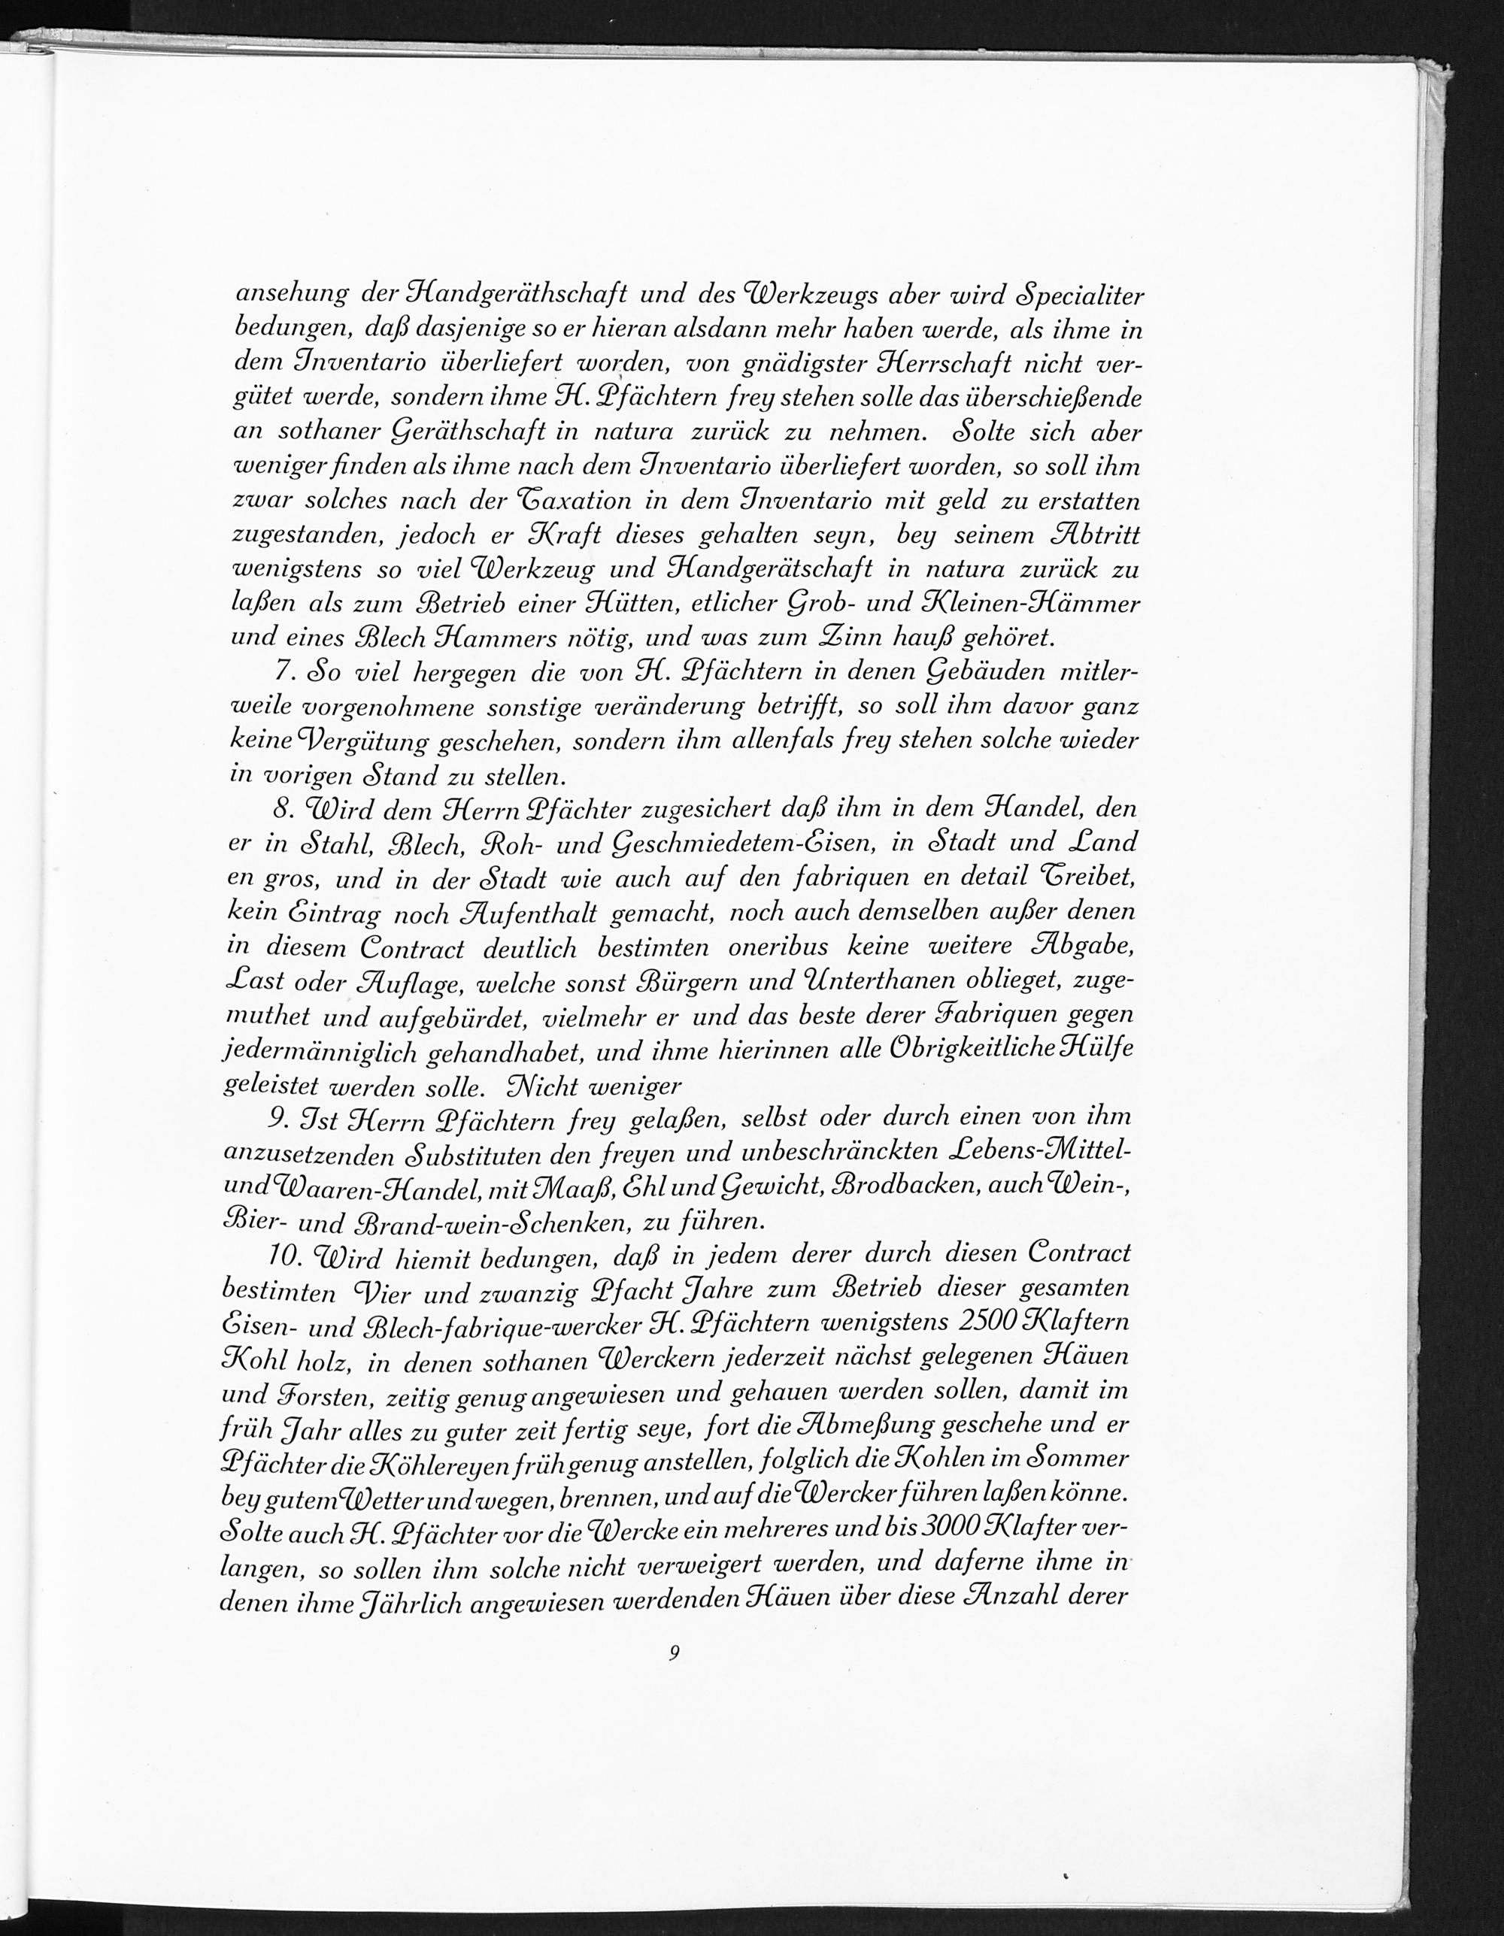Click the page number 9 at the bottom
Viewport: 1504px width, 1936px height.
(x=675, y=1653)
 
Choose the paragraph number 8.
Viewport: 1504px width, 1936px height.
(x=284, y=808)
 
